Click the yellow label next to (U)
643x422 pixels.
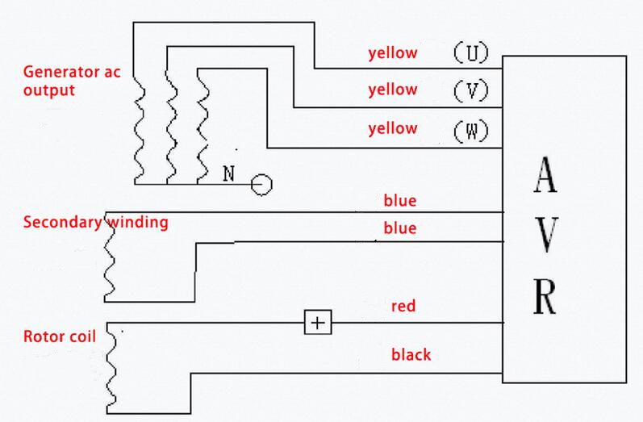(393, 54)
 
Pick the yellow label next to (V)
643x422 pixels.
(393, 90)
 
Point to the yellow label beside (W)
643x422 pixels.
(393, 128)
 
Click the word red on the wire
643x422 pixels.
(403, 307)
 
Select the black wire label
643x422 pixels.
(411, 354)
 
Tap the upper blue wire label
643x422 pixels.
(400, 200)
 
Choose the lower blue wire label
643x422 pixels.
(400, 229)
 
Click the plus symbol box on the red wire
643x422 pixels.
(318, 323)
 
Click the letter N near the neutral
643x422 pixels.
(228, 173)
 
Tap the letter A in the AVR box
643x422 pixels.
(545, 178)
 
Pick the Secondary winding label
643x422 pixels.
(96, 223)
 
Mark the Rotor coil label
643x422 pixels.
(60, 336)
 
